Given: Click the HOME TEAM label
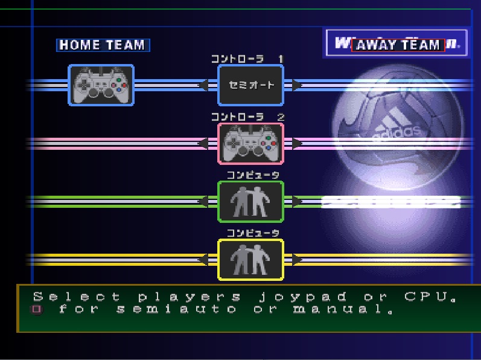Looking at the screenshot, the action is [x=103, y=45].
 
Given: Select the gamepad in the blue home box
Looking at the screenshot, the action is [x=101, y=85].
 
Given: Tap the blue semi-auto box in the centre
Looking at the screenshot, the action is [x=250, y=85].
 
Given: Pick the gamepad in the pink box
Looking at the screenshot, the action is [x=250, y=143].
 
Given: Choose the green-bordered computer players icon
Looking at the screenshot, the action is [x=250, y=201].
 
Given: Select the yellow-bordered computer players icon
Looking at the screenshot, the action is [x=250, y=259].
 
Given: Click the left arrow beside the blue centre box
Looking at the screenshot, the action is [x=205, y=85].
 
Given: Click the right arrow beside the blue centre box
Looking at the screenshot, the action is [x=296, y=85].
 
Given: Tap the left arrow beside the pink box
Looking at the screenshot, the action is [x=205, y=143].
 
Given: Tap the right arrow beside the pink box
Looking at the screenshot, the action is [x=296, y=143].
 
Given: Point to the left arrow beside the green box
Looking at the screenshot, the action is [x=205, y=201].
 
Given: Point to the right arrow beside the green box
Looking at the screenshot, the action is [x=296, y=201].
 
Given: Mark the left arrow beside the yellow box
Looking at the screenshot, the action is [x=205, y=259].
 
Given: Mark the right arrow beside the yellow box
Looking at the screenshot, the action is [x=296, y=259].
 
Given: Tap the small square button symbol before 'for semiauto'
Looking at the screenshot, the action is [x=37, y=310].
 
